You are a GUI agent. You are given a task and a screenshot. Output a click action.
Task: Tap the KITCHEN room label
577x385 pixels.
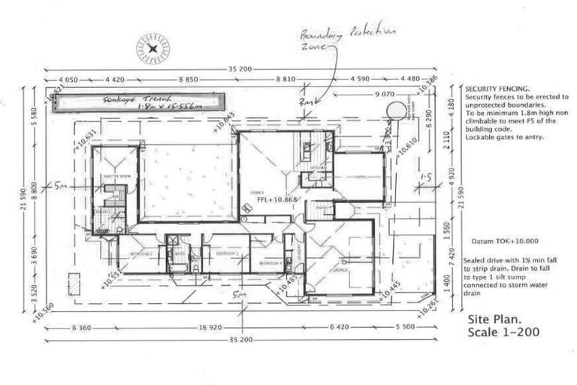[308, 167]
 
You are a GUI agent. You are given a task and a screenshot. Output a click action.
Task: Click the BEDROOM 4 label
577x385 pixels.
[270, 264]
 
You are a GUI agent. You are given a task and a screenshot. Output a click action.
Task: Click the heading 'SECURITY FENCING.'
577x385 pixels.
[497, 88]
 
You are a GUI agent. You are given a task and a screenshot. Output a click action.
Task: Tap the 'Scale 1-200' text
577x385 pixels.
[503, 332]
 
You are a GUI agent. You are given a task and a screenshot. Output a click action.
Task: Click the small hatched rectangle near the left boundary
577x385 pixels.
[74, 283]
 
